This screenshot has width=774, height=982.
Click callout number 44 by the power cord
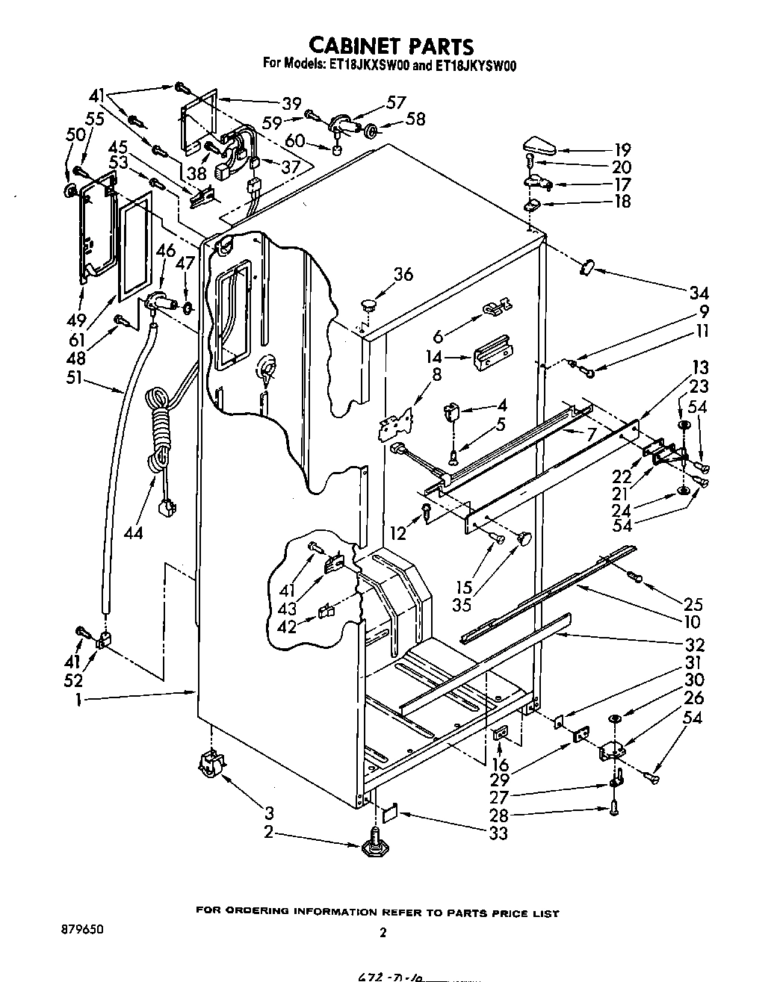[134, 532]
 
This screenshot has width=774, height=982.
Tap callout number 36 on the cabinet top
[403, 274]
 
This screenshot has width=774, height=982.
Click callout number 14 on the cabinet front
[434, 356]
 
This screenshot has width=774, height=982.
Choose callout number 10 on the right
[691, 621]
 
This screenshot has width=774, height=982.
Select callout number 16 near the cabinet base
[500, 763]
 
